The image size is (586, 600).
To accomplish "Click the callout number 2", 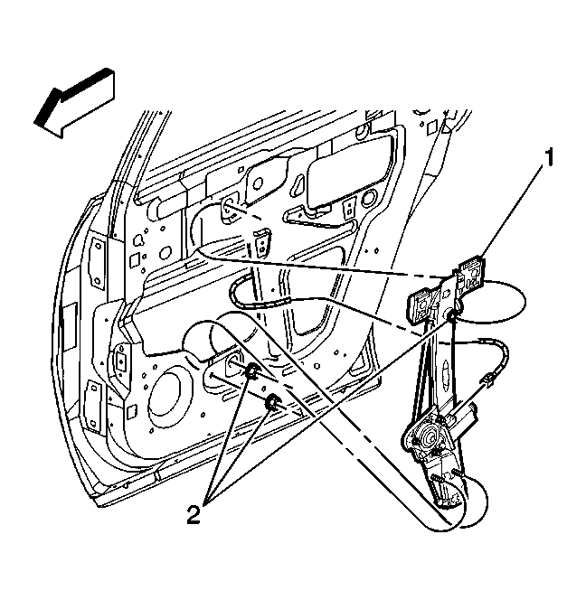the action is tap(194, 514).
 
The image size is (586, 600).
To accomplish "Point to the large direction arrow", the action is tap(75, 102).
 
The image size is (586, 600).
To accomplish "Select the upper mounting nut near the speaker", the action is tap(251, 370).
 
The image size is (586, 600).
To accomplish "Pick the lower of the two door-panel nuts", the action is tap(273, 402).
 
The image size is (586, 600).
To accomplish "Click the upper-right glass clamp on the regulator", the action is tap(472, 276).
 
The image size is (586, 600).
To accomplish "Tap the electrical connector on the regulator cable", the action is tap(489, 379).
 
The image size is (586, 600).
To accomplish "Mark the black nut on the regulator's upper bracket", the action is tap(451, 315).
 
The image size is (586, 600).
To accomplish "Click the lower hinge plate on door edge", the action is tap(94, 406).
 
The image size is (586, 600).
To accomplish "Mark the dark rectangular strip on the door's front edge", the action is tap(70, 326).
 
